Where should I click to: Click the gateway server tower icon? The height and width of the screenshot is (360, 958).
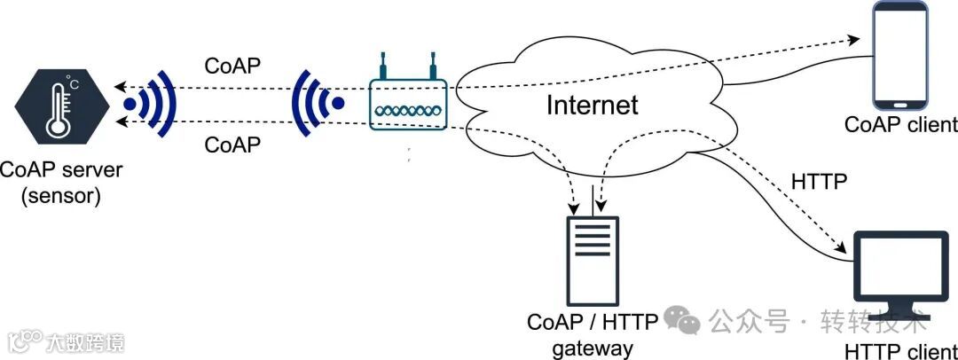coord(593,259)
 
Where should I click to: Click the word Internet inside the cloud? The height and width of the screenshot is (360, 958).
coord(592,106)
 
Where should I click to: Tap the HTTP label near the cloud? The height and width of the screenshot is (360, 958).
coord(817,183)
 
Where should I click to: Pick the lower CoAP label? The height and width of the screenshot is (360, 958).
coord(232,144)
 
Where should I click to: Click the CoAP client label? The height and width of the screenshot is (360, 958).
coord(900,124)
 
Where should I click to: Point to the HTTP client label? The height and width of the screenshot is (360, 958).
coord(901,349)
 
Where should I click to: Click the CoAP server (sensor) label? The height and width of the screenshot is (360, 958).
coord(61,183)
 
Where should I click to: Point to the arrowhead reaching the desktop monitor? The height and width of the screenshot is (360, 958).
coord(843,250)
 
